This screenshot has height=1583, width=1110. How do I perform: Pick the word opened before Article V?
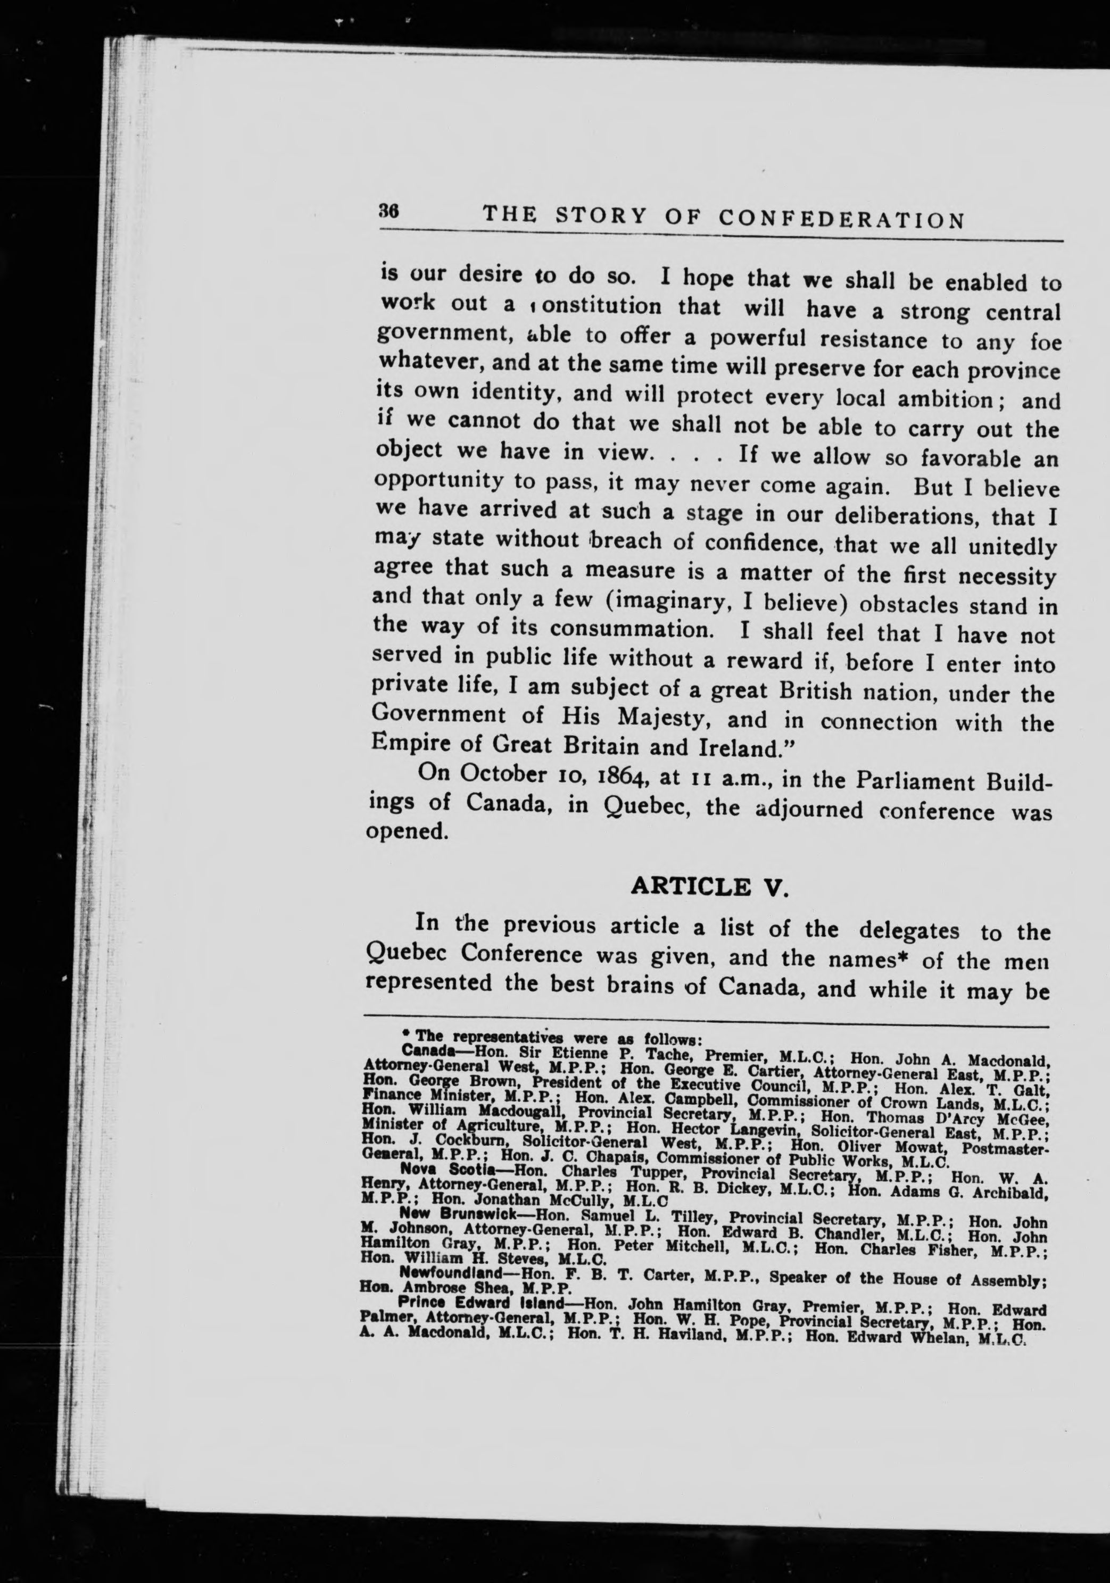402,832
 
